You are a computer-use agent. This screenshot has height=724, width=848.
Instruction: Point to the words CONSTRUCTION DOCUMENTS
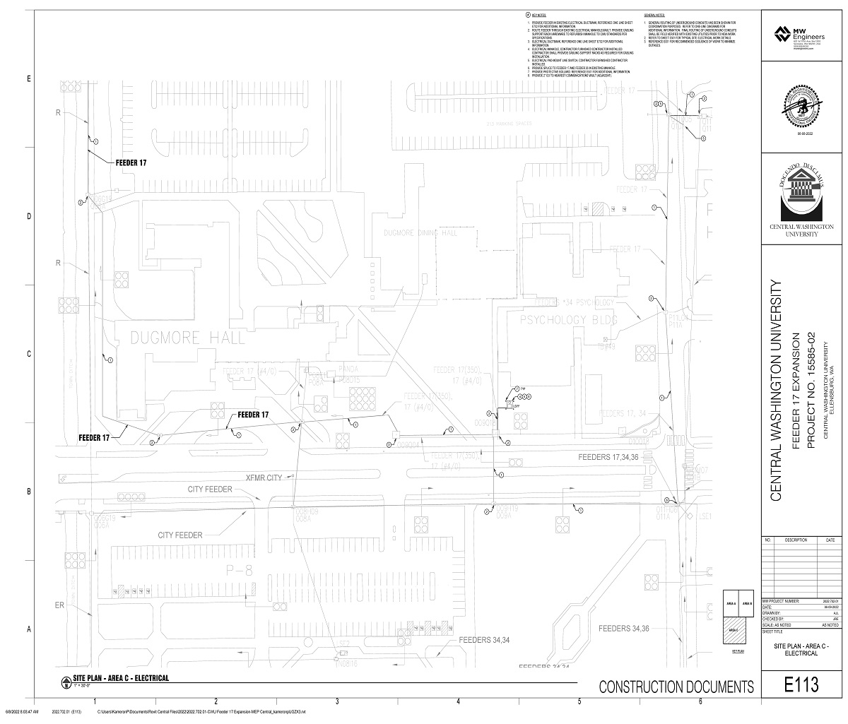676,687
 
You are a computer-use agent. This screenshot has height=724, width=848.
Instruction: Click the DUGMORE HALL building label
188,338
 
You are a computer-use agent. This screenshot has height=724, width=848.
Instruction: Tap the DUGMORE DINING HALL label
420,232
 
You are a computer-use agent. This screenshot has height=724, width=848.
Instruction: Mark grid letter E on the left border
29,79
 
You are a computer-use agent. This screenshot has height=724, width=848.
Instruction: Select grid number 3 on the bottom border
337,701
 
